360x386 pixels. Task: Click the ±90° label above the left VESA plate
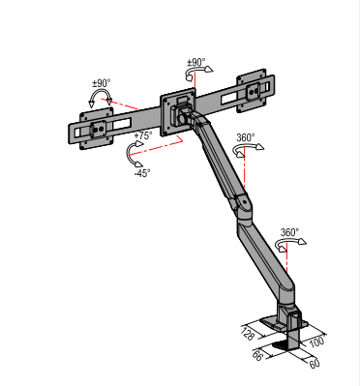pos(101,84)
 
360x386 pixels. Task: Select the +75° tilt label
pos(143,135)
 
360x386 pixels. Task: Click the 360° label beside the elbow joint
pos(246,137)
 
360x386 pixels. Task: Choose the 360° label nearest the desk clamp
pos(289,232)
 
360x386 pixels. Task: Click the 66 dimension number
pos(257,357)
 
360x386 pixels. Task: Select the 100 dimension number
pos(316,342)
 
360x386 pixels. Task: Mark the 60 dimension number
pos(315,364)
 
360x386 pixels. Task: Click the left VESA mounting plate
pos(97,127)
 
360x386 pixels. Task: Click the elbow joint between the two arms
pos(243,202)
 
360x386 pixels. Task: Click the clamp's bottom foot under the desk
pos(286,345)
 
